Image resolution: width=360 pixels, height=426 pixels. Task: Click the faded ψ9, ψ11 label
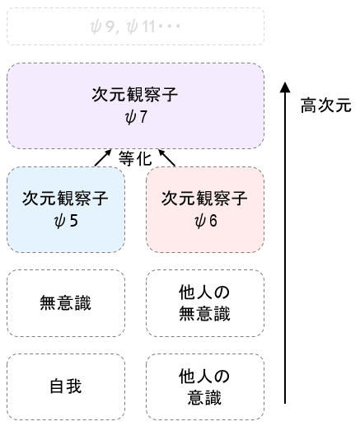point(135,26)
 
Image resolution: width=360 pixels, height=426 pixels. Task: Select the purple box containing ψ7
point(135,106)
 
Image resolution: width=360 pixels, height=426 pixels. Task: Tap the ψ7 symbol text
point(136,117)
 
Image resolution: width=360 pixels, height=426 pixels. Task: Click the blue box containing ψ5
point(66,209)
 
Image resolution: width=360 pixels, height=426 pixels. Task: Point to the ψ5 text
point(66,221)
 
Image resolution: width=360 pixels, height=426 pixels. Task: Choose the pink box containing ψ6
point(205,209)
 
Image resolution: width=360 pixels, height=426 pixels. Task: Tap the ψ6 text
point(206,221)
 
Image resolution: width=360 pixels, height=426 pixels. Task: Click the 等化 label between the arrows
point(135,158)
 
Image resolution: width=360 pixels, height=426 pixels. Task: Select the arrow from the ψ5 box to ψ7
point(103,157)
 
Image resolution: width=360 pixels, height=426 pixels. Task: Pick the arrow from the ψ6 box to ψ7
point(166,157)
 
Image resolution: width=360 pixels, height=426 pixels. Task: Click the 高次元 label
point(326,105)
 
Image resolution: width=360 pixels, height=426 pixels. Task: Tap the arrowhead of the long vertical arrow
point(285,87)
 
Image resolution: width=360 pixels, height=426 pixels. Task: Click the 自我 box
point(66,386)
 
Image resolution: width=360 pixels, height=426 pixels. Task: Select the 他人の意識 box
point(205,386)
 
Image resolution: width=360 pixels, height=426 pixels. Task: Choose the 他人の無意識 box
point(205,303)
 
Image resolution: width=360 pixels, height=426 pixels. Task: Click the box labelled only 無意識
point(66,303)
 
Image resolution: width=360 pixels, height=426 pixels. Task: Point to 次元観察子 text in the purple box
point(135,95)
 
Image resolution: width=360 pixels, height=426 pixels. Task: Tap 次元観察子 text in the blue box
point(65,199)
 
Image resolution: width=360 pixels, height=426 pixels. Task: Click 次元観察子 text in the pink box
point(204,199)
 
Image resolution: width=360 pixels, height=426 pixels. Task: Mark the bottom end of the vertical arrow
point(285,404)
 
